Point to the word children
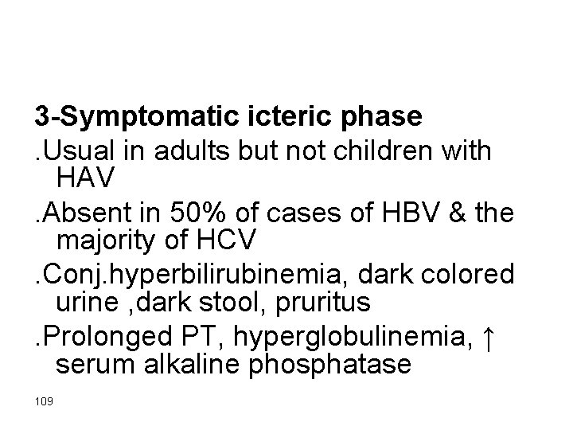click(409, 150)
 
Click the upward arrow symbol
click(490, 339)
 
